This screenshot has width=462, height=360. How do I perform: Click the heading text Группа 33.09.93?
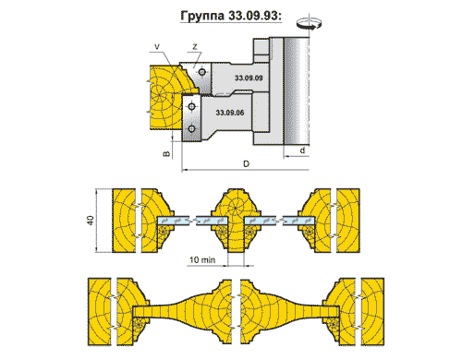click(x=231, y=16)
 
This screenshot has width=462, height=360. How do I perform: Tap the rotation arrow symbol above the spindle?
click(x=309, y=23)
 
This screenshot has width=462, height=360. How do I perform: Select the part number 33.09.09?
click(x=249, y=78)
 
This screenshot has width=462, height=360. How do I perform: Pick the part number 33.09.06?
click(x=230, y=113)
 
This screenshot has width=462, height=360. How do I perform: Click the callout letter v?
click(x=157, y=47)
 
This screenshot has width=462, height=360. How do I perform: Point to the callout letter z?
click(x=195, y=47)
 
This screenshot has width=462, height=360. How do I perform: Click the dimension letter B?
click(x=166, y=153)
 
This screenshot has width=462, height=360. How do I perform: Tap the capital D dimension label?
click(x=246, y=163)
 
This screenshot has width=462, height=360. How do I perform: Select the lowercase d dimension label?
click(x=303, y=150)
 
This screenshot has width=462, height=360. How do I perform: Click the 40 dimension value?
click(x=90, y=221)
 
